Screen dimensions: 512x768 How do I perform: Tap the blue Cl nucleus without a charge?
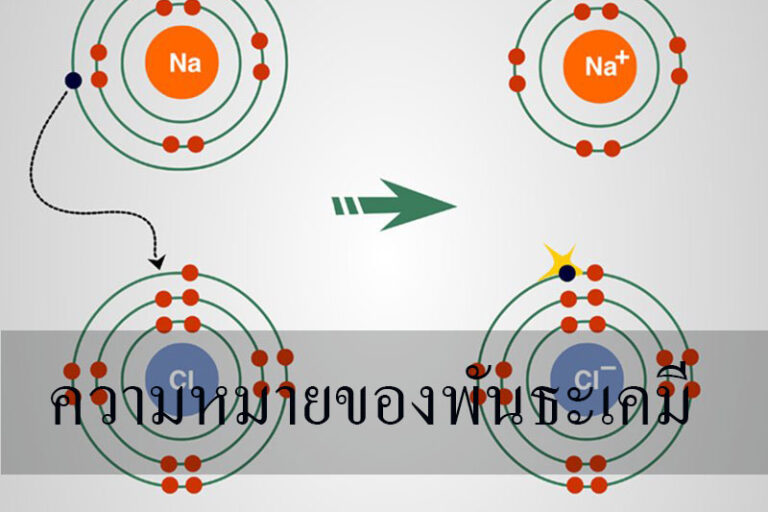click(180, 378)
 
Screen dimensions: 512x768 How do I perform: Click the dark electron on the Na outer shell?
click(73, 80)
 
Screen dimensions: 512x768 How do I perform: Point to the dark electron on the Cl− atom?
click(568, 272)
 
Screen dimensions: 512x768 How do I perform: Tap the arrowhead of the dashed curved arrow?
click(156, 261)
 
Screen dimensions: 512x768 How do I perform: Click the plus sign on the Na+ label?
click(622, 59)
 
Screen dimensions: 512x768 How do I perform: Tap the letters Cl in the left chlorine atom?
click(180, 378)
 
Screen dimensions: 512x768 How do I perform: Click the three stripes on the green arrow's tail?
click(344, 206)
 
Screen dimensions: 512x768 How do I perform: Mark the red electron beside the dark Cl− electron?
click(595, 272)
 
